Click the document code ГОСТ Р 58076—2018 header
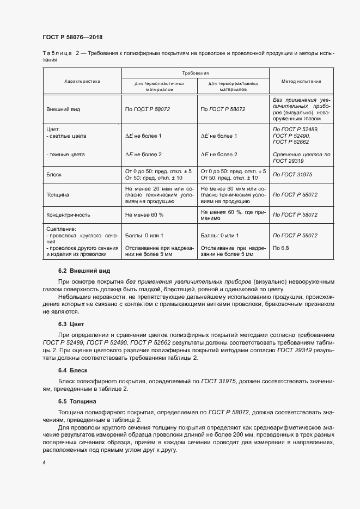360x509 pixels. pyautogui.click(x=72, y=37)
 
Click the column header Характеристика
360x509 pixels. pyautogui.click(x=82, y=81)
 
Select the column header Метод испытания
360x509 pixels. pyautogui.click(x=301, y=81)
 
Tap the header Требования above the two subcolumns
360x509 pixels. pyautogui.click(x=196, y=72)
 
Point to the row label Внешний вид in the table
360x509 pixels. pyautogui.click(x=63, y=109)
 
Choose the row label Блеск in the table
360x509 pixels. pyautogui.click(x=55, y=174)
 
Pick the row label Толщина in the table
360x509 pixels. pyautogui.click(x=57, y=194)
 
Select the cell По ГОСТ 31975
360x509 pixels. pyautogui.click(x=292, y=174)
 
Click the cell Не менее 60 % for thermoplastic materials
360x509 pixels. pyautogui.click(x=144, y=215)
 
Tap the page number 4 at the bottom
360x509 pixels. pyautogui.click(x=44, y=462)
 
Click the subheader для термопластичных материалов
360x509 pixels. pyautogui.click(x=158, y=87)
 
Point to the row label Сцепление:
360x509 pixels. pyautogui.click(x=62, y=229)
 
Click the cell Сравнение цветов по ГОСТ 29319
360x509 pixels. pyautogui.click(x=301, y=158)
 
